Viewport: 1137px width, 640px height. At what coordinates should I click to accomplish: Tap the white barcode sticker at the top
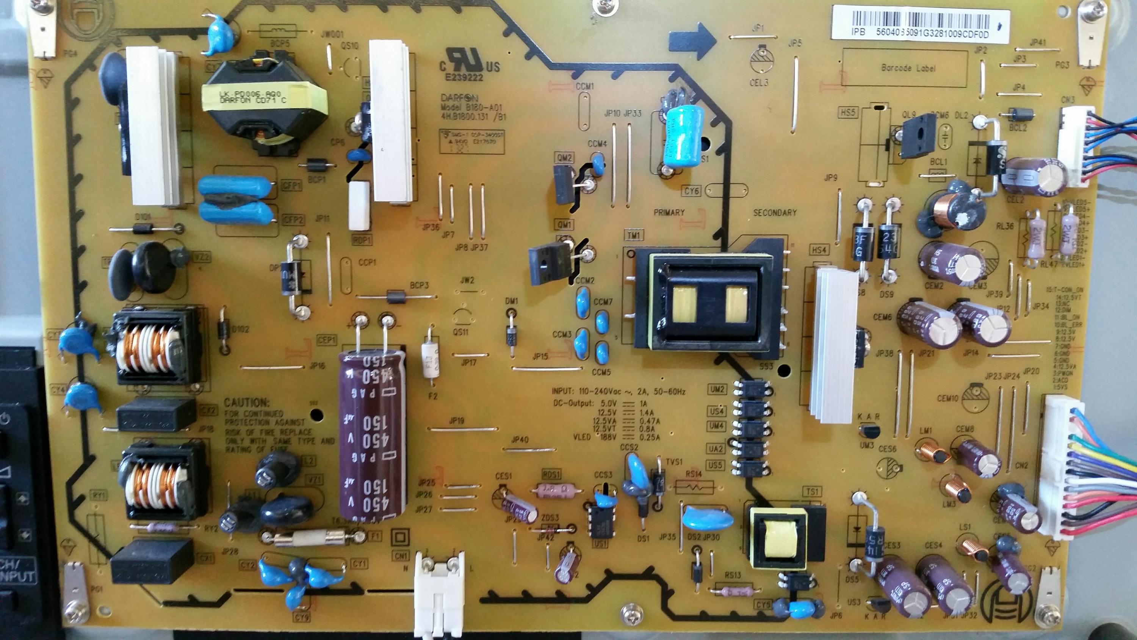[921, 22]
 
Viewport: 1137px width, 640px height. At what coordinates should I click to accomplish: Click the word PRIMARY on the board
[669, 212]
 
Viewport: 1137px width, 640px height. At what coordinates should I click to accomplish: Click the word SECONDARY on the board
[775, 212]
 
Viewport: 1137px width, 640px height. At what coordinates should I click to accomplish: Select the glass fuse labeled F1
[309, 538]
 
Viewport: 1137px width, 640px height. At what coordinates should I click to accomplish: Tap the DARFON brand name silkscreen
[459, 97]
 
